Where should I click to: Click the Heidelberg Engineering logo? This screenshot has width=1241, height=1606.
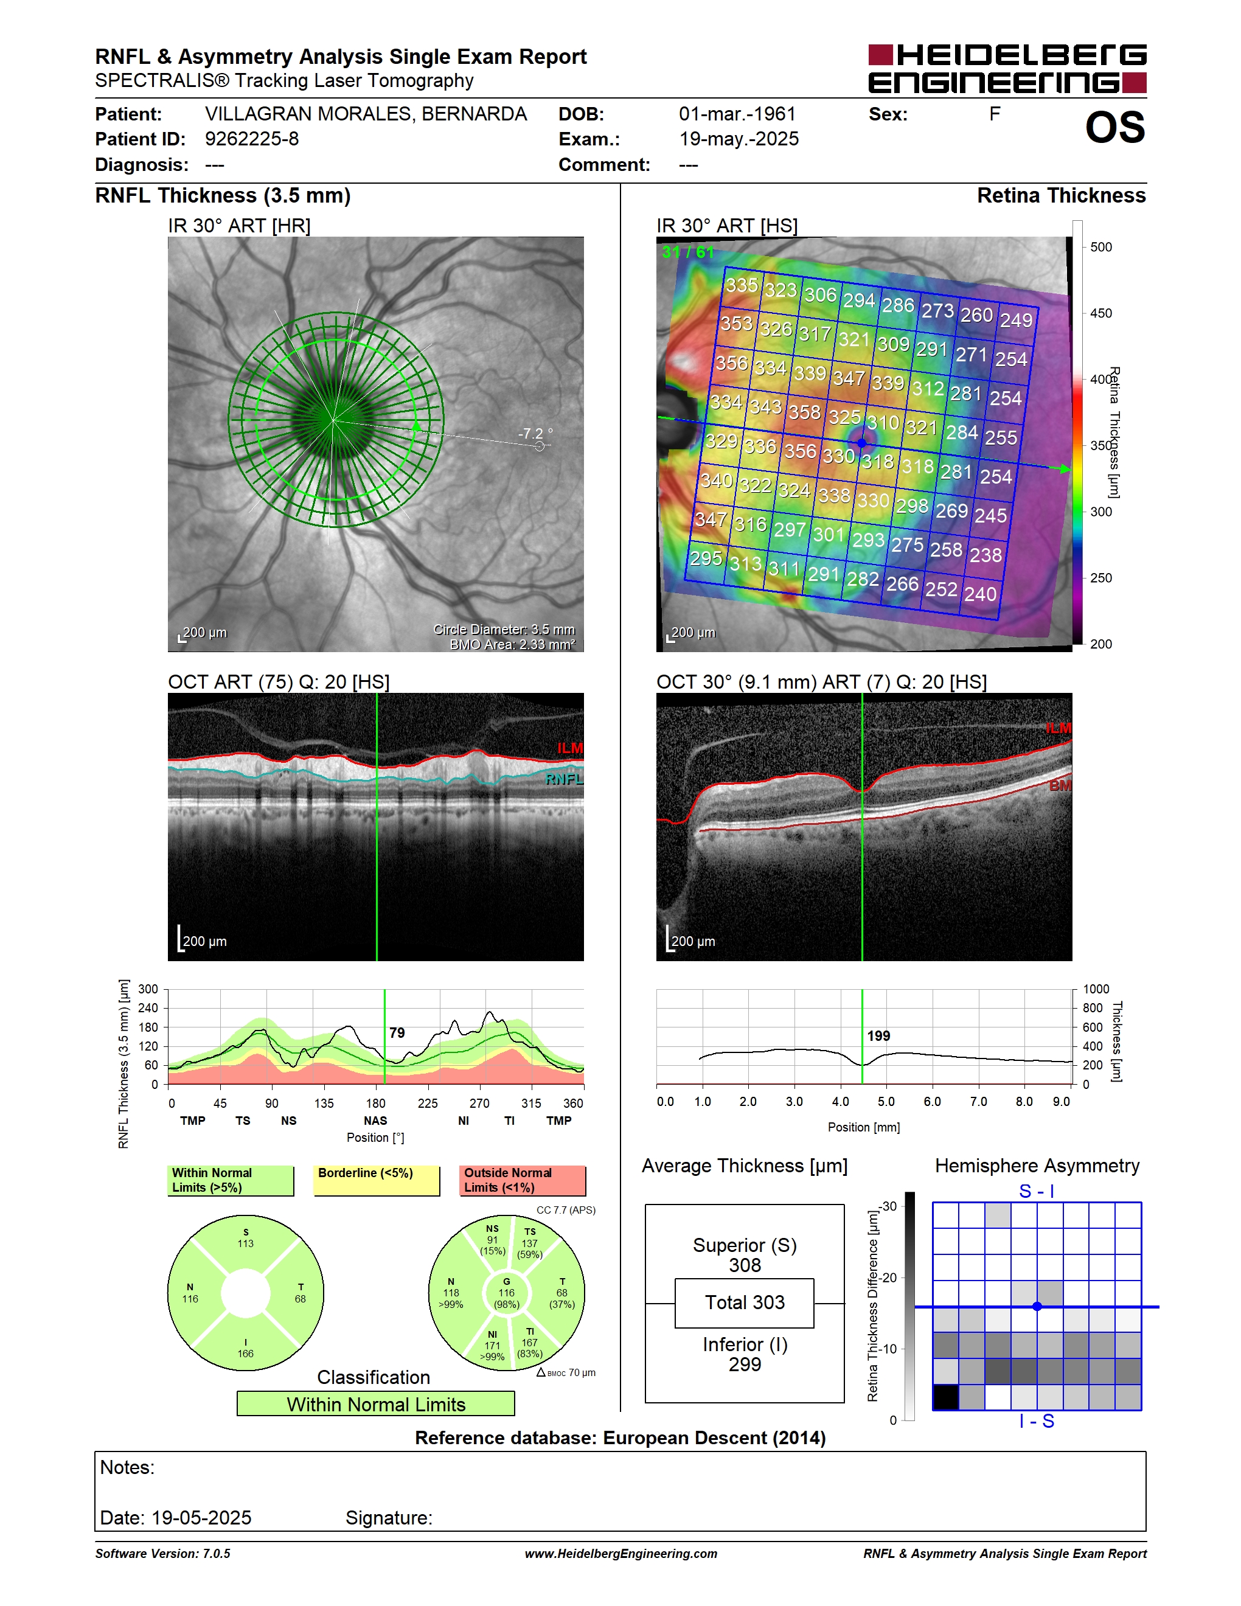click(1007, 68)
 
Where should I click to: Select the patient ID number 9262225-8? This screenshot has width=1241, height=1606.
click(251, 139)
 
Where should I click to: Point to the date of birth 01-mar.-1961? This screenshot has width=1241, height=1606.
click(737, 114)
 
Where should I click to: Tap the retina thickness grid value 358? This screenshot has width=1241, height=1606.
click(804, 412)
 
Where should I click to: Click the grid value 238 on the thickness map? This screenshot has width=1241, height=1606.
click(985, 554)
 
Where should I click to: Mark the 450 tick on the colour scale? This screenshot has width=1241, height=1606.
click(1100, 313)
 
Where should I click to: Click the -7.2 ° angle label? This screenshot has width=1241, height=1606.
click(535, 434)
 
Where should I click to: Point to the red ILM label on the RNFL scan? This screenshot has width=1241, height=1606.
click(570, 748)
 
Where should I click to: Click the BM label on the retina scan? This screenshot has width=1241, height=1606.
click(1059, 785)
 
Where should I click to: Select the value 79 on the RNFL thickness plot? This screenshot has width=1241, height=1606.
click(397, 1033)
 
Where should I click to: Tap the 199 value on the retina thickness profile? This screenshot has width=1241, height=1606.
click(878, 1036)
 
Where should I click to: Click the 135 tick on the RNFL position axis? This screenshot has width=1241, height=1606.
click(324, 1103)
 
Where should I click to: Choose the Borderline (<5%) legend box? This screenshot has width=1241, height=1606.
click(377, 1180)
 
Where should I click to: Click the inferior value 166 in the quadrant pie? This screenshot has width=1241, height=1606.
click(246, 1353)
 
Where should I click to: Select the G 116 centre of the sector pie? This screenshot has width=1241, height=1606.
click(507, 1293)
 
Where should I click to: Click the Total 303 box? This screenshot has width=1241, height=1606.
click(745, 1303)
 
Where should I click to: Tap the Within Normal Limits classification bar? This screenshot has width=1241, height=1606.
click(376, 1404)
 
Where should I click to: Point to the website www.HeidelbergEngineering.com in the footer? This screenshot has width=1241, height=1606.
click(620, 1554)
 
